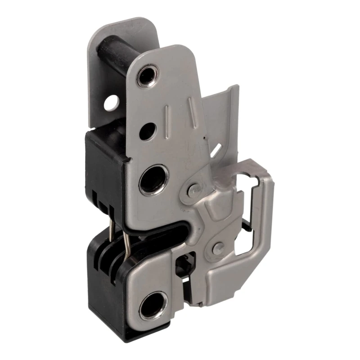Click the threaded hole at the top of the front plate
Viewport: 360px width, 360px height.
(147, 75)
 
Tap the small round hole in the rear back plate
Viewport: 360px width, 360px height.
(110, 103)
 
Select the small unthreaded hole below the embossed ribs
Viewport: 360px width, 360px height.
(147, 131)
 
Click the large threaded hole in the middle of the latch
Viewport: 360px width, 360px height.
(153, 180)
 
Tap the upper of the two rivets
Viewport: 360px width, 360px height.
(194, 189)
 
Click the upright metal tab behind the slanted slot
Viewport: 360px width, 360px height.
(225, 112)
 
